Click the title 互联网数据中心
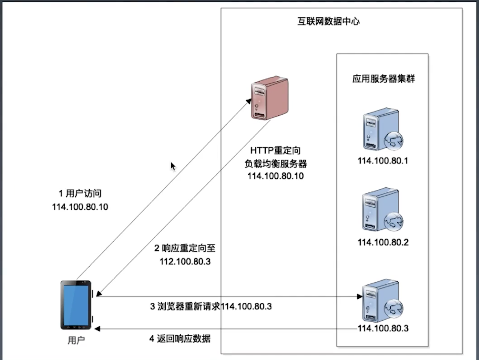(328, 21)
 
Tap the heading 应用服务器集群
(383, 79)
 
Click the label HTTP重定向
(275, 151)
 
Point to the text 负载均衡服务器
(276, 163)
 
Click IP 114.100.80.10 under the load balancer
(276, 176)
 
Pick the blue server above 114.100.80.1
(382, 130)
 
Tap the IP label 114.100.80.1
(383, 161)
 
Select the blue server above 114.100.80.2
(382, 210)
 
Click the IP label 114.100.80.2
(383, 242)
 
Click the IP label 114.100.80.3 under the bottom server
(383, 328)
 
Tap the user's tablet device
(76, 305)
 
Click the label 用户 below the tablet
(76, 340)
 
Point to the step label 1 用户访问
(80, 193)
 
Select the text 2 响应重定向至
(185, 248)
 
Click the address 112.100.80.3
(185, 262)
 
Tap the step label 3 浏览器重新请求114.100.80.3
(211, 306)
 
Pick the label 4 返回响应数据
(180, 339)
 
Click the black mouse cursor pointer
(173, 166)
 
